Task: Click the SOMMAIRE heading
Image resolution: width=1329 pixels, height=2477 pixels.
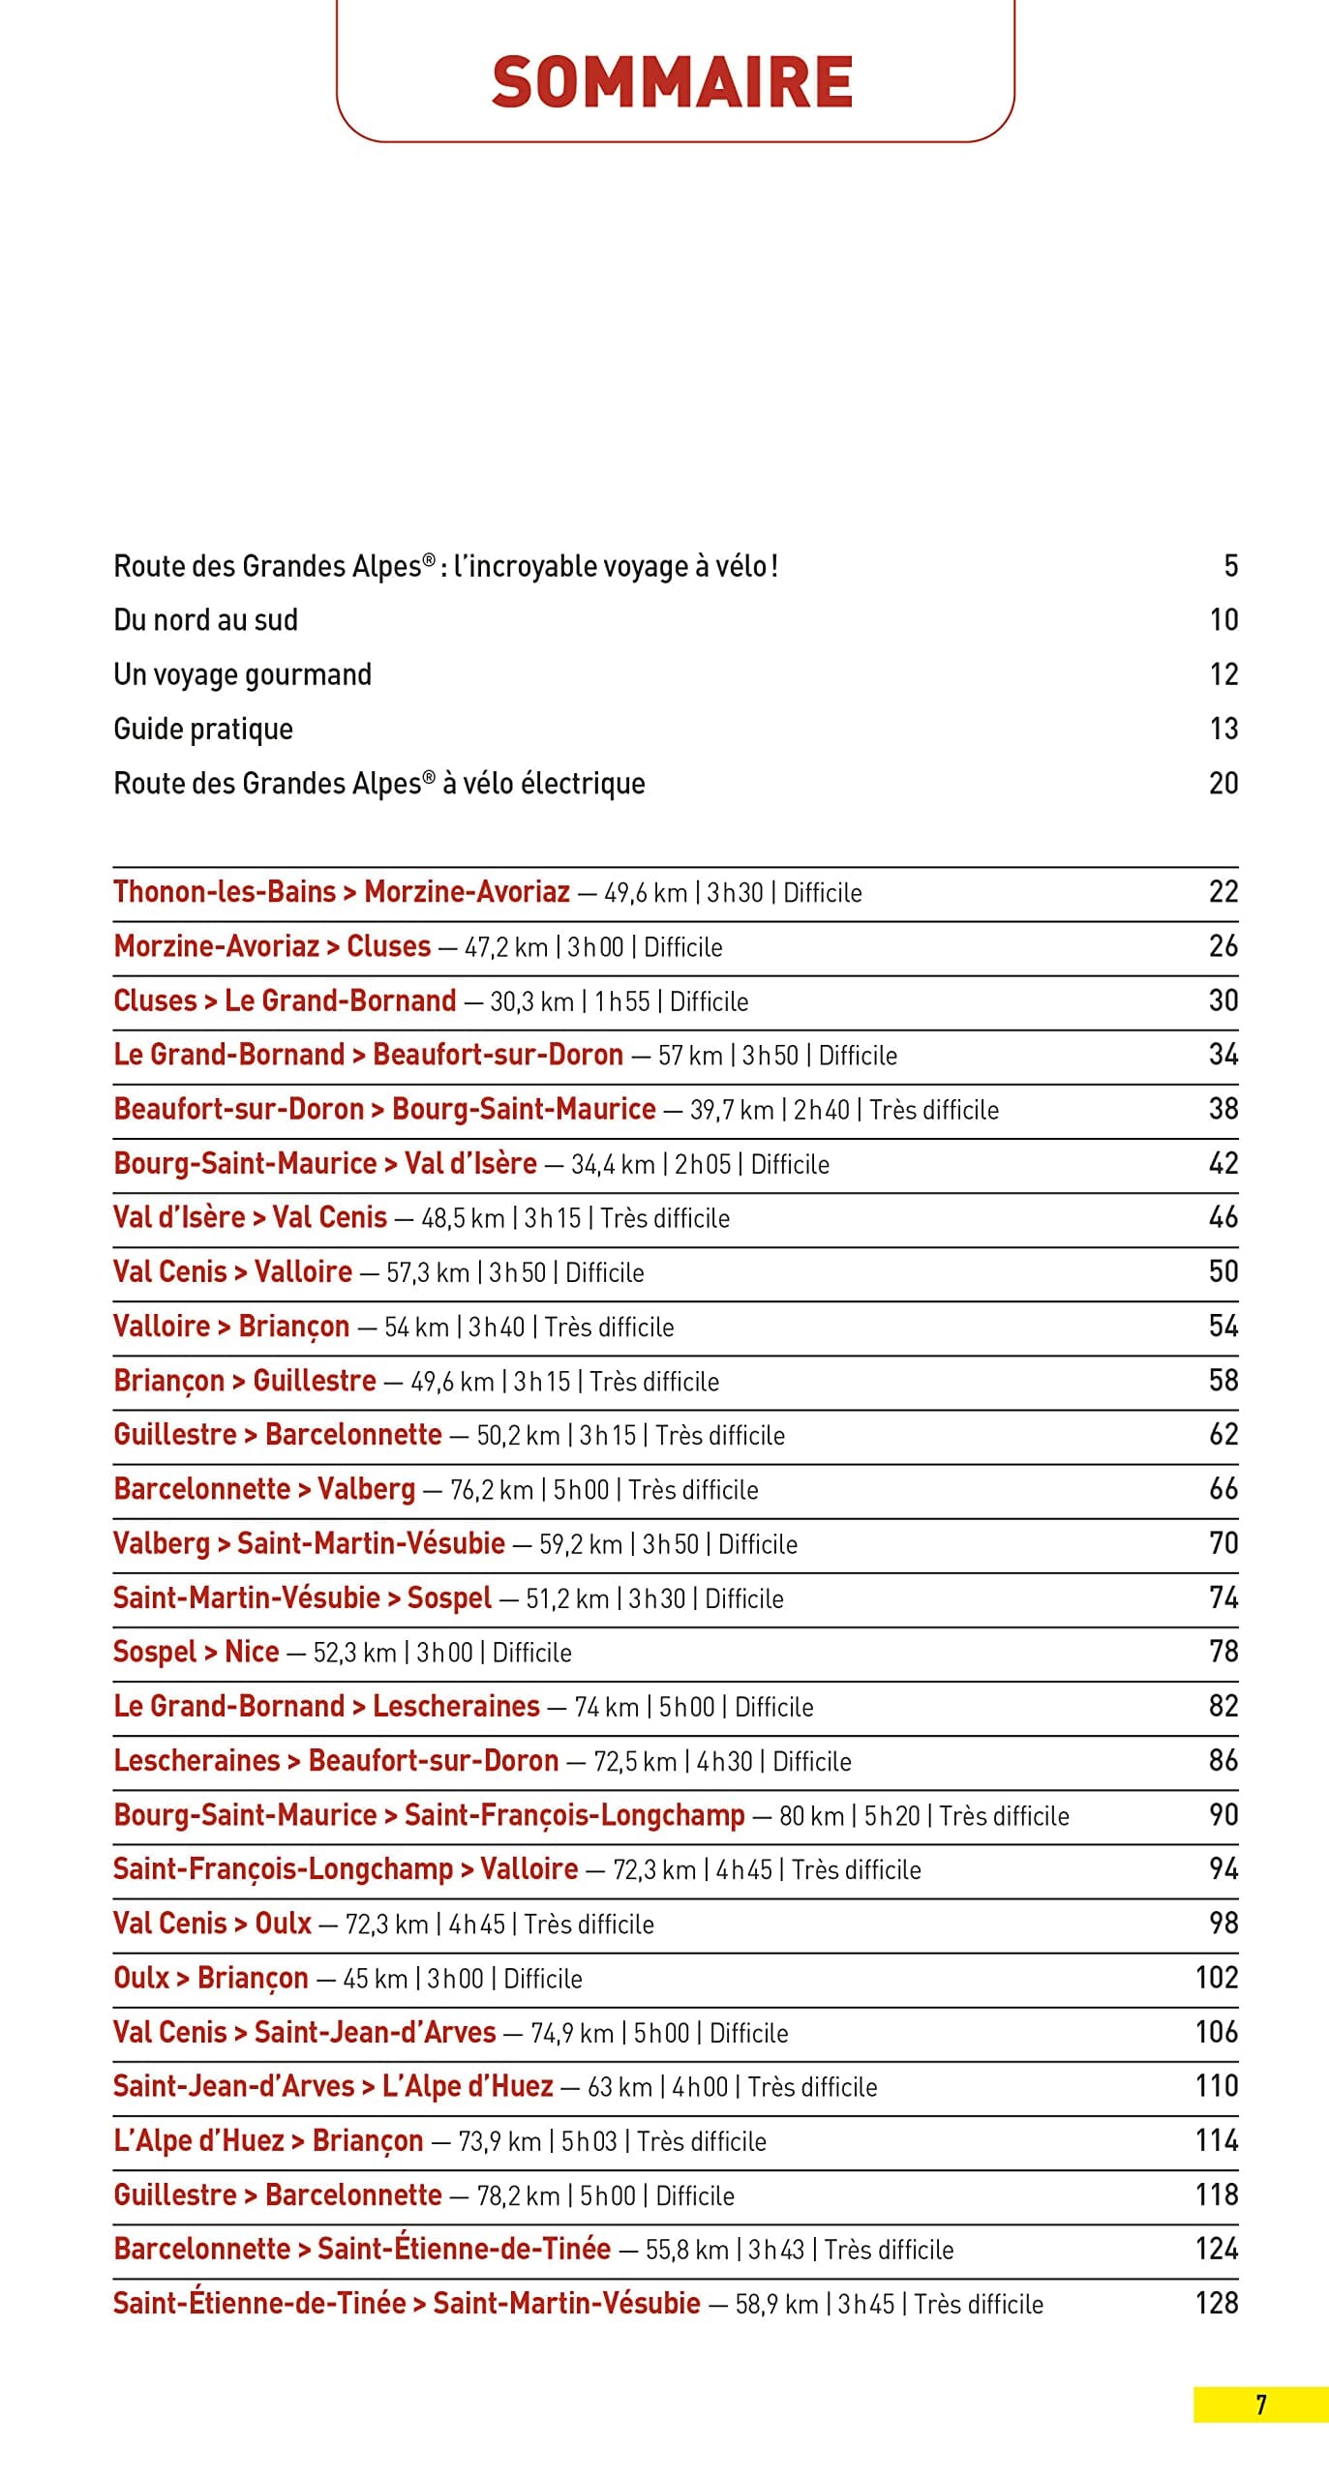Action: coord(673,82)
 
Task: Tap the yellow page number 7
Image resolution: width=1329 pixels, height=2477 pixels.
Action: coord(1260,2404)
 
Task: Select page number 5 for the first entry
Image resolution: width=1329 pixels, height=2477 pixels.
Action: coord(1230,566)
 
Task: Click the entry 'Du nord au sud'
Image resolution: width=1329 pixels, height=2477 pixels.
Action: coord(205,620)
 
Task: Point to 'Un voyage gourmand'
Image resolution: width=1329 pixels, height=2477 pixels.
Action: coord(242,674)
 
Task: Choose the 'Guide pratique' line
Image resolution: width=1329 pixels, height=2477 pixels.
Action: coord(202,729)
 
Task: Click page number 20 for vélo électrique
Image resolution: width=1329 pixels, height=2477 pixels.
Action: coord(1223,783)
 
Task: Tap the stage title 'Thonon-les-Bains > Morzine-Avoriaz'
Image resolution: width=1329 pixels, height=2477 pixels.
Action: coord(341,891)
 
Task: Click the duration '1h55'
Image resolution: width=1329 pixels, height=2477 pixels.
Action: coord(621,1001)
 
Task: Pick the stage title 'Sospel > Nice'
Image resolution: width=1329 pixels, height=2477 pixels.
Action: coord(196,1652)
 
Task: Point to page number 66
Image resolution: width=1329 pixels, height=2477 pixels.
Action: coord(1223,1488)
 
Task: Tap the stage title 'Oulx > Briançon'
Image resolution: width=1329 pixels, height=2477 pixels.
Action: coord(210,1978)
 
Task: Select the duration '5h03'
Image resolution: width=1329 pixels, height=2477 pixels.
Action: coord(589,2141)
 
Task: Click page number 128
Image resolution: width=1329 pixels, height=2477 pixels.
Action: coord(1216,2303)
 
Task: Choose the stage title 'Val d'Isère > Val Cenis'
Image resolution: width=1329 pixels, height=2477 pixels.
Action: coord(250,1217)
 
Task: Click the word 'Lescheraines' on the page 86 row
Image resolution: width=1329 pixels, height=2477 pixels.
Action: coord(196,1760)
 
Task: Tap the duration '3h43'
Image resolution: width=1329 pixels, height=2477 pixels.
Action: coord(776,2250)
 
